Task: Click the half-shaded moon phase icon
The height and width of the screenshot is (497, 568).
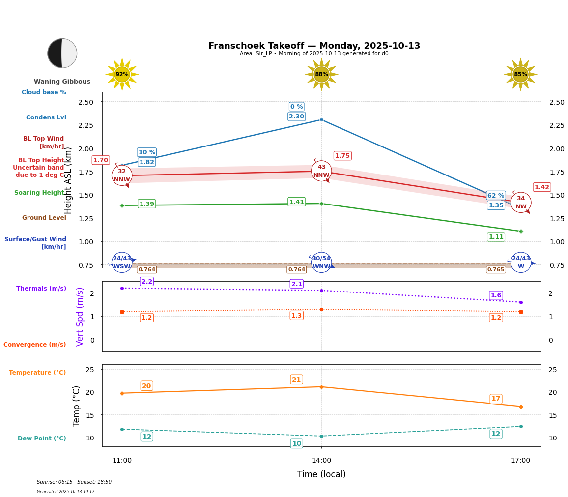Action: pos(62,53)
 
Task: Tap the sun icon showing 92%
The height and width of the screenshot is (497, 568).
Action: pos(122,74)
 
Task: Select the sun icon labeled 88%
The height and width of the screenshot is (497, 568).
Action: pos(321,74)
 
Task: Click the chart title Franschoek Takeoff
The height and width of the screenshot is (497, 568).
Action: pos(314,46)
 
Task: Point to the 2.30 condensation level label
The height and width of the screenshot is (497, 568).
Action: pos(296,117)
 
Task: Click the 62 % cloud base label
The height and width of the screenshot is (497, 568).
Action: pos(496,196)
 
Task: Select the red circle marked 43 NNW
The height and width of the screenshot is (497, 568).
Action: pos(321,171)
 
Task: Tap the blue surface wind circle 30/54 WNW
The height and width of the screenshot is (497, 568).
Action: pos(321,263)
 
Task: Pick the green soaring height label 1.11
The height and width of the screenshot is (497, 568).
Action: pos(496,237)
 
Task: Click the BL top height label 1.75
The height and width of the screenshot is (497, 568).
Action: pos(342,156)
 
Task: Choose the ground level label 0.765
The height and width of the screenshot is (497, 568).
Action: pos(496,269)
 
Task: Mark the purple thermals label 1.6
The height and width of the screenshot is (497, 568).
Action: pos(496,295)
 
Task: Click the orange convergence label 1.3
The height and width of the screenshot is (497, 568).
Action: pos(296,316)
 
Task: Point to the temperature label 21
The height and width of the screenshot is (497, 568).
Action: pos(296,380)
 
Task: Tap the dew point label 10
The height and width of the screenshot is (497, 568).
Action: pos(297,443)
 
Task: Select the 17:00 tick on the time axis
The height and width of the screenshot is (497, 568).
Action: pos(520,461)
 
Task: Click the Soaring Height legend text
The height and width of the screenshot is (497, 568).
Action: pos(39,193)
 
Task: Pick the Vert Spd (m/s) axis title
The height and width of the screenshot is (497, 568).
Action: pos(80,317)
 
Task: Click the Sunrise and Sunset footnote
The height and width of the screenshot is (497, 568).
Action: pos(74,482)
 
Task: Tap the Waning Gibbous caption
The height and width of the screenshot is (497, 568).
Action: pos(62,82)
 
